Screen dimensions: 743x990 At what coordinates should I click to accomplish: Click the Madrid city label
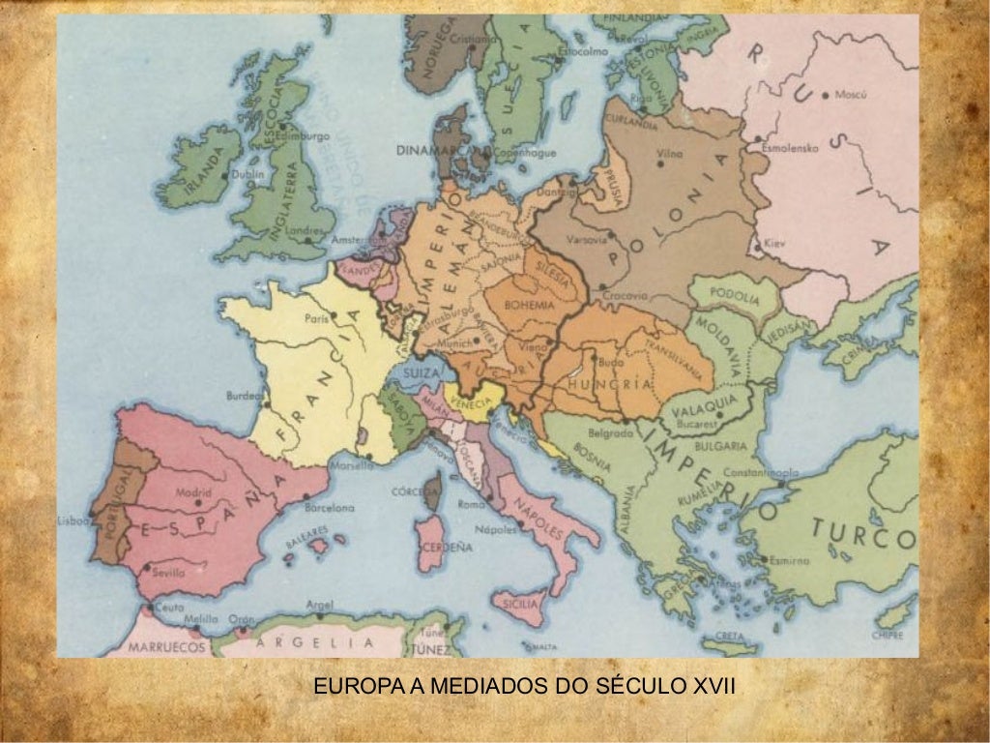point(193,491)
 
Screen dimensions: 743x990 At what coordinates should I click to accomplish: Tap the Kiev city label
point(776,243)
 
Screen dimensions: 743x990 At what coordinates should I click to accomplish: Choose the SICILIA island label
point(521,604)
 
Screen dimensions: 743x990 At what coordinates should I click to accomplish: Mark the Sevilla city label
point(167,572)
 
